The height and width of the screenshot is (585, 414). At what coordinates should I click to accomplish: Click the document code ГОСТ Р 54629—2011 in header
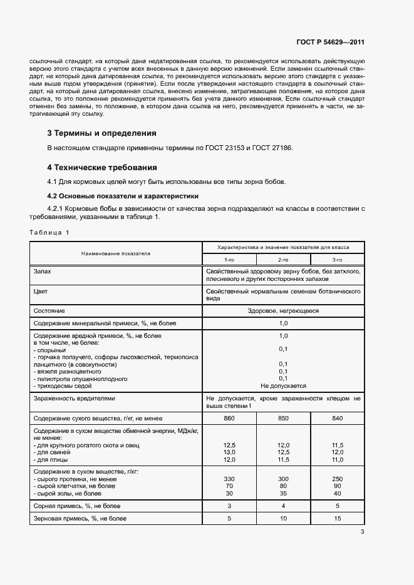click(x=330, y=43)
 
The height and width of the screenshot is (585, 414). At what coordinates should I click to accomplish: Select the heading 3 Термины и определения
click(x=102, y=133)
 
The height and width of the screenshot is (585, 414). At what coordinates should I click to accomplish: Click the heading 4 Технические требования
click(x=102, y=168)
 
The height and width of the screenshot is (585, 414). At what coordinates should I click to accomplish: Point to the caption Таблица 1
click(x=50, y=233)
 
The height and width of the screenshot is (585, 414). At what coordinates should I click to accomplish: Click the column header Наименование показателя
click(x=116, y=253)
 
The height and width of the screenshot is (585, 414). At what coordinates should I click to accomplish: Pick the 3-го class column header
click(x=337, y=259)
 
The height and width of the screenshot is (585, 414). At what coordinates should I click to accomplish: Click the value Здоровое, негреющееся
click(x=282, y=310)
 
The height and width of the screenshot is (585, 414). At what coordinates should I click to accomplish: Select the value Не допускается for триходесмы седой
click(x=282, y=386)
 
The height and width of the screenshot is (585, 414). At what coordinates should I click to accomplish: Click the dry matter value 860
click(x=229, y=417)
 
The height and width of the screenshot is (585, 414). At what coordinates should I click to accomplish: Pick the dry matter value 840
click(x=337, y=417)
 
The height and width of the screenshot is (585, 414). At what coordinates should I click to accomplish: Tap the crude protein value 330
click(x=229, y=477)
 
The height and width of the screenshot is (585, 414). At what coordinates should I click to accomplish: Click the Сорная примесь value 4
click(x=282, y=505)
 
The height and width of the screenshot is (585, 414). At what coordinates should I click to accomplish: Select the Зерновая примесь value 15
click(x=337, y=519)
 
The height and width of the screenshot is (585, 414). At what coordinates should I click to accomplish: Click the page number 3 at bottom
click(x=362, y=532)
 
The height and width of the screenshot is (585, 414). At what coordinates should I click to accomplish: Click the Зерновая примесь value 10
click(x=282, y=519)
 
